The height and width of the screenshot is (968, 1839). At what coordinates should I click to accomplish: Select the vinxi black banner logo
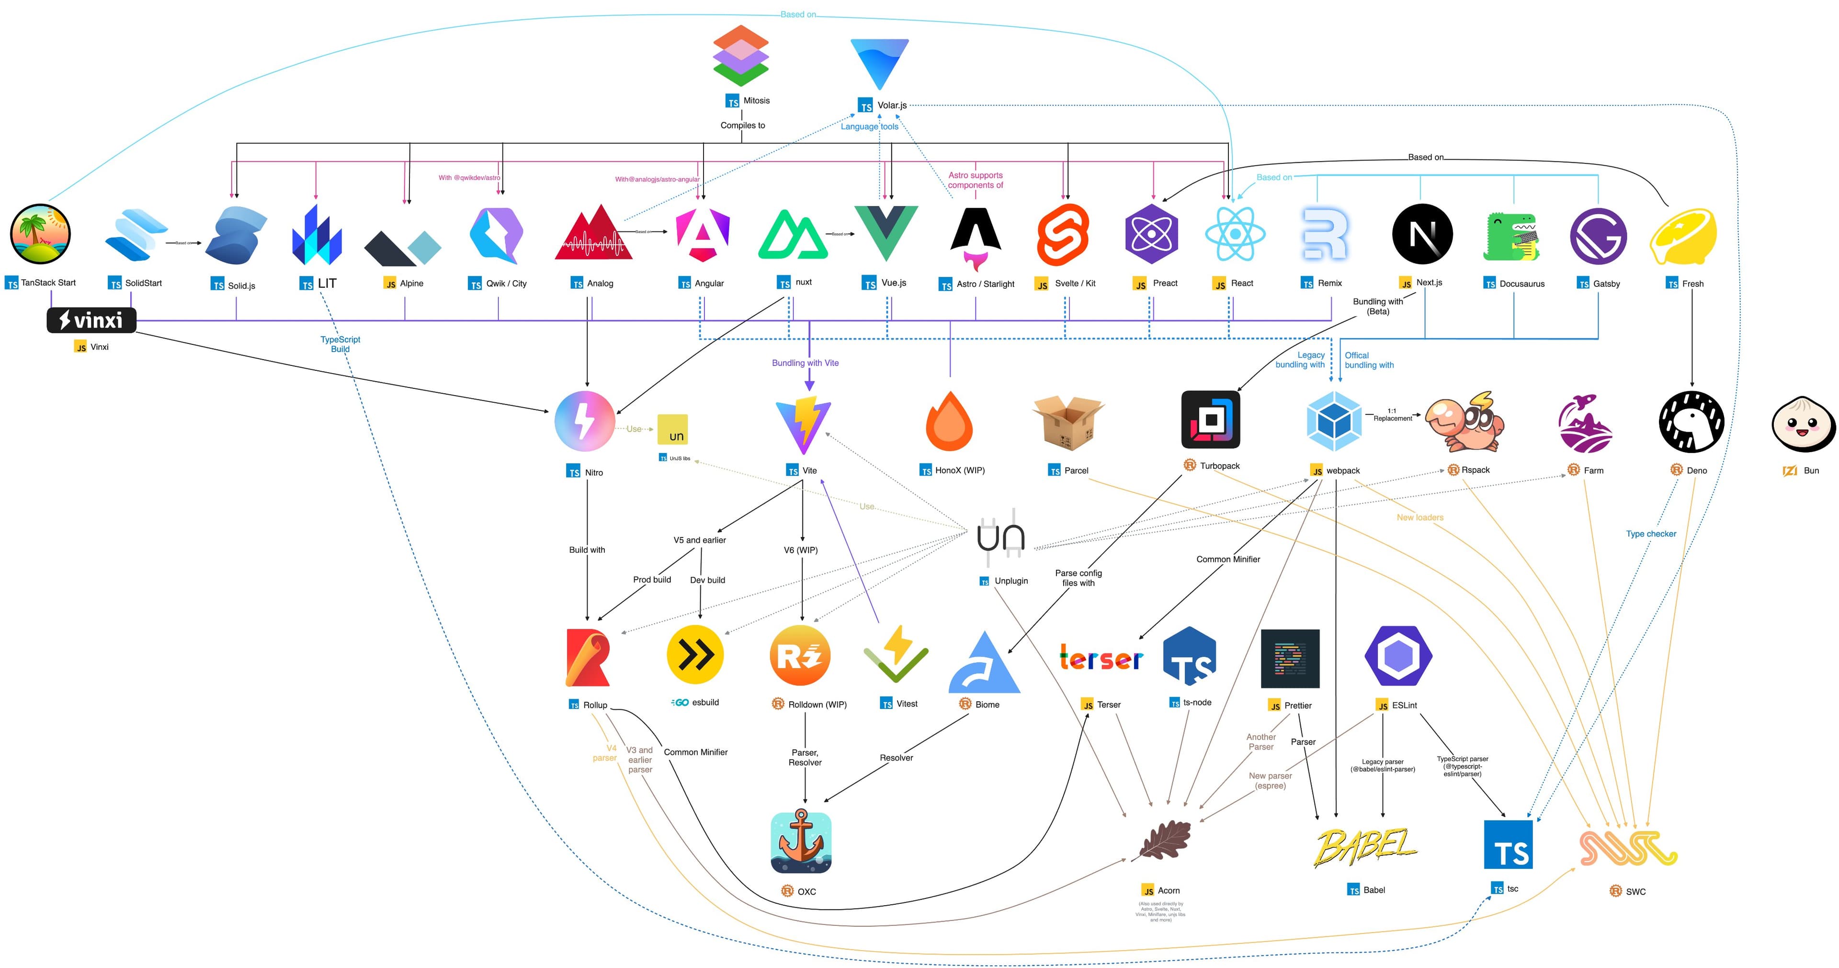pos(91,320)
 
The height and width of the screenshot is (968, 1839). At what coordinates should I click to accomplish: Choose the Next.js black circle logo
pos(1422,234)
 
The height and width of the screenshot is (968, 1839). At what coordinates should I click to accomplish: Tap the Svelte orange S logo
pos(1063,234)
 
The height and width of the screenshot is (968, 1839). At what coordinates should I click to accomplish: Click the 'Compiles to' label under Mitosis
pos(742,125)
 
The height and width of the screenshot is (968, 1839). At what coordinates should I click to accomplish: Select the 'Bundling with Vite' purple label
pos(805,363)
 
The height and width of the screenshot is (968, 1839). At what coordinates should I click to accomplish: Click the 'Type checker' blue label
pos(1650,533)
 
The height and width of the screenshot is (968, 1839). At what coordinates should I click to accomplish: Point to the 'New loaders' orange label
pos(1419,517)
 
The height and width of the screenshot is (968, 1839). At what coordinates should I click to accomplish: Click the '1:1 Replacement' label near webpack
pos(1392,415)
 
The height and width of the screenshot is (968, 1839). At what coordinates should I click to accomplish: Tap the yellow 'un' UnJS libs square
pos(672,430)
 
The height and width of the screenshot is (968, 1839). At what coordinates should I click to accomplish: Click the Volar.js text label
pos(892,105)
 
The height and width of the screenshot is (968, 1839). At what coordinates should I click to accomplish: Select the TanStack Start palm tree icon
pos(41,234)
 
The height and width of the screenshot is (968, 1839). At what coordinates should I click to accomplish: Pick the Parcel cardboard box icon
pos(1068,422)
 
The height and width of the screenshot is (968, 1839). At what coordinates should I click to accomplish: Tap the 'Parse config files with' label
pos(1078,578)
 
